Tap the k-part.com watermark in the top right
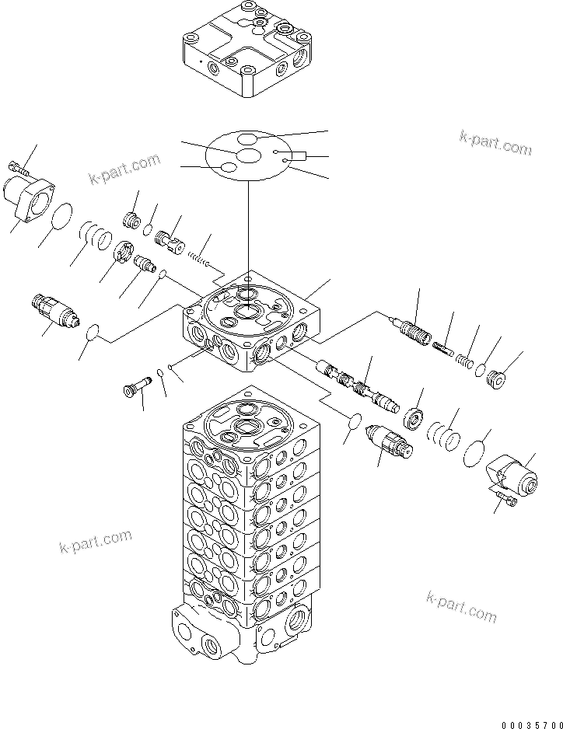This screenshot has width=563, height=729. click(494, 141)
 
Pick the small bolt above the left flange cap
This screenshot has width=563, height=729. click(18, 166)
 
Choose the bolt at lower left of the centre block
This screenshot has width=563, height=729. click(135, 387)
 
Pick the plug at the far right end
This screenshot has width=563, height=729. click(495, 380)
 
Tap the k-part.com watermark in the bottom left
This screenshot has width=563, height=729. click(95, 541)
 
